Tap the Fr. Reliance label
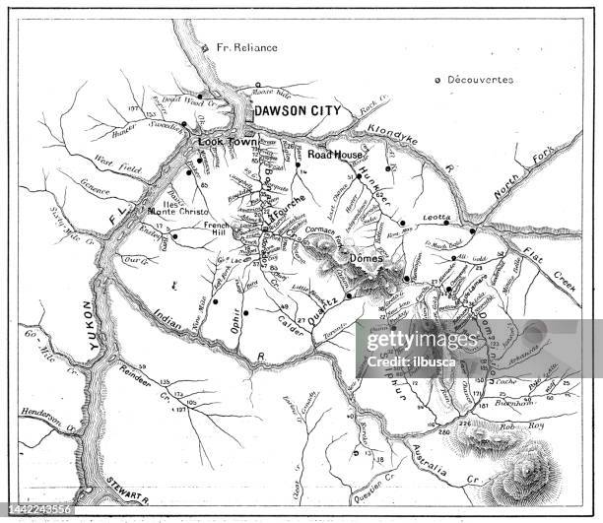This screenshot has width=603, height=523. tap(246, 46)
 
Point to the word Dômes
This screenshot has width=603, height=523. tap(366, 259)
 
